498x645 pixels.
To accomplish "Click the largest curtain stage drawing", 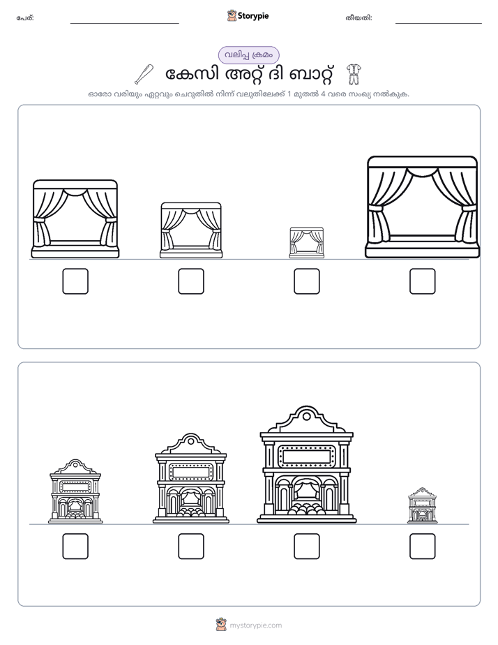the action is tap(423, 207).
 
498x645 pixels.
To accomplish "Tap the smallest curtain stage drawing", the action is tap(306, 242).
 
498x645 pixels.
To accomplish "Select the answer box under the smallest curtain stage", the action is tap(306, 281).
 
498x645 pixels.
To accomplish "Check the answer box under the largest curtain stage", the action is tap(423, 281).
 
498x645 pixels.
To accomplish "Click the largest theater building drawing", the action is tap(306, 464).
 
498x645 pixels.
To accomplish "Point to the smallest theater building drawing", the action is tap(423, 505).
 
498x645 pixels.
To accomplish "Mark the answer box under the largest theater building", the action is tap(306, 547).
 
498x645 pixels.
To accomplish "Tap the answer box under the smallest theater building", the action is tap(423, 547).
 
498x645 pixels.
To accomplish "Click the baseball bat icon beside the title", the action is tap(144, 75).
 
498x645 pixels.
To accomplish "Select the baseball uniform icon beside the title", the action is tap(352, 75).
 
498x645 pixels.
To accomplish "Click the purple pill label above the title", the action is tap(248, 55).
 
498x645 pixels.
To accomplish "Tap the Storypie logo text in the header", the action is tap(253, 16).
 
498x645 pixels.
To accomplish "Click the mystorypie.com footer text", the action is tap(255, 625).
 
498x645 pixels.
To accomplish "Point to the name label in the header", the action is tap(25, 18).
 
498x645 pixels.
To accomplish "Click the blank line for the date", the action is tap(439, 24).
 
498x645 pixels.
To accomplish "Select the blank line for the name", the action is tap(124, 24).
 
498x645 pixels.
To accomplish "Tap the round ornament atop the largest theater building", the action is tap(306, 416).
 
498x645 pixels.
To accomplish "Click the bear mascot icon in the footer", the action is tap(221, 625).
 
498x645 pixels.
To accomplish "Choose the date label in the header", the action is tap(359, 18).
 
